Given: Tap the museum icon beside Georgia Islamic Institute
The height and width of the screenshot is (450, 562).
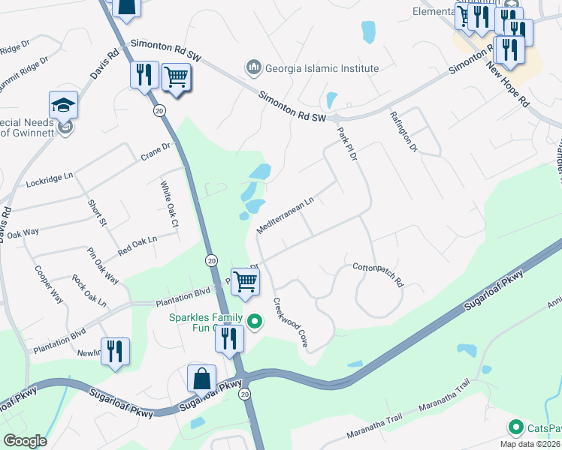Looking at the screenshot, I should coord(254,68).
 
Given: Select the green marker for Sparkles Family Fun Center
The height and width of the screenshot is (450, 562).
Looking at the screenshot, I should coord(255,322).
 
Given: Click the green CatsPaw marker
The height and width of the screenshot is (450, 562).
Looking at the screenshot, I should coord(515,428).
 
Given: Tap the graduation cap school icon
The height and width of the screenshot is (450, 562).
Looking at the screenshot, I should coord(64,105).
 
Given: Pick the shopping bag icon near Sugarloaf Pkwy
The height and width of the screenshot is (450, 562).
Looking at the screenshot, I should coord(202,378).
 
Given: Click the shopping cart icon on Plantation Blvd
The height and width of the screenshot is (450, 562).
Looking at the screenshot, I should coord(245,281).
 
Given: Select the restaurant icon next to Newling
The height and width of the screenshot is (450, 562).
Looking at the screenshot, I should coord(115,351).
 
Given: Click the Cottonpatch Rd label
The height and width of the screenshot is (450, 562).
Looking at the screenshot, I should coord(378,274).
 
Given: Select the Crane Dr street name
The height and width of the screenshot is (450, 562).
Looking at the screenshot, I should coord(156,152).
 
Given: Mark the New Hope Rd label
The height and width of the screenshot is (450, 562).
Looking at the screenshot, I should coord(508,81).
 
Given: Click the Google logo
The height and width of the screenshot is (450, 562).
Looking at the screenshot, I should coord(25,440).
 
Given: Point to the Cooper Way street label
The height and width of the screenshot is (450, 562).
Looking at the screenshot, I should coord(48,284).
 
